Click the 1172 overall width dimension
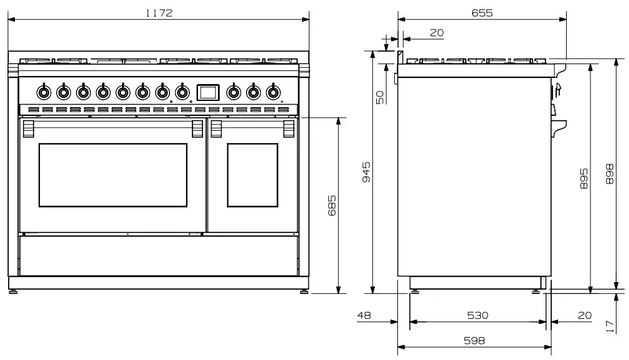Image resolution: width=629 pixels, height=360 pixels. (159, 12)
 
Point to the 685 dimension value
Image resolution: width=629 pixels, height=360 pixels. (332, 205)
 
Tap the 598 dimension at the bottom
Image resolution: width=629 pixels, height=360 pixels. (474, 341)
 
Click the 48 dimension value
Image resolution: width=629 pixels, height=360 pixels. (364, 316)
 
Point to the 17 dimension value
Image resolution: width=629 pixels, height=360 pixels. (610, 324)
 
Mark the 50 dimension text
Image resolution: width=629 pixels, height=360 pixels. (380, 97)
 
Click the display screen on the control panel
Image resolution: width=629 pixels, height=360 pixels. (207, 92)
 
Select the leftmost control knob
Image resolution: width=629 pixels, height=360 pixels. (44, 92)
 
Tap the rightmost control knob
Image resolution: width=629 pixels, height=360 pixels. (273, 92)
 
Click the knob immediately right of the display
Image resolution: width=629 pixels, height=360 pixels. (233, 92)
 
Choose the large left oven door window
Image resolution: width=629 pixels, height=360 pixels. (113, 175)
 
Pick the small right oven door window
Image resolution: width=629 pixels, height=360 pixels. (252, 175)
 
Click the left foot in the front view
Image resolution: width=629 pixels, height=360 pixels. (14, 290)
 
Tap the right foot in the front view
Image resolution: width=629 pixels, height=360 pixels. (303, 290)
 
